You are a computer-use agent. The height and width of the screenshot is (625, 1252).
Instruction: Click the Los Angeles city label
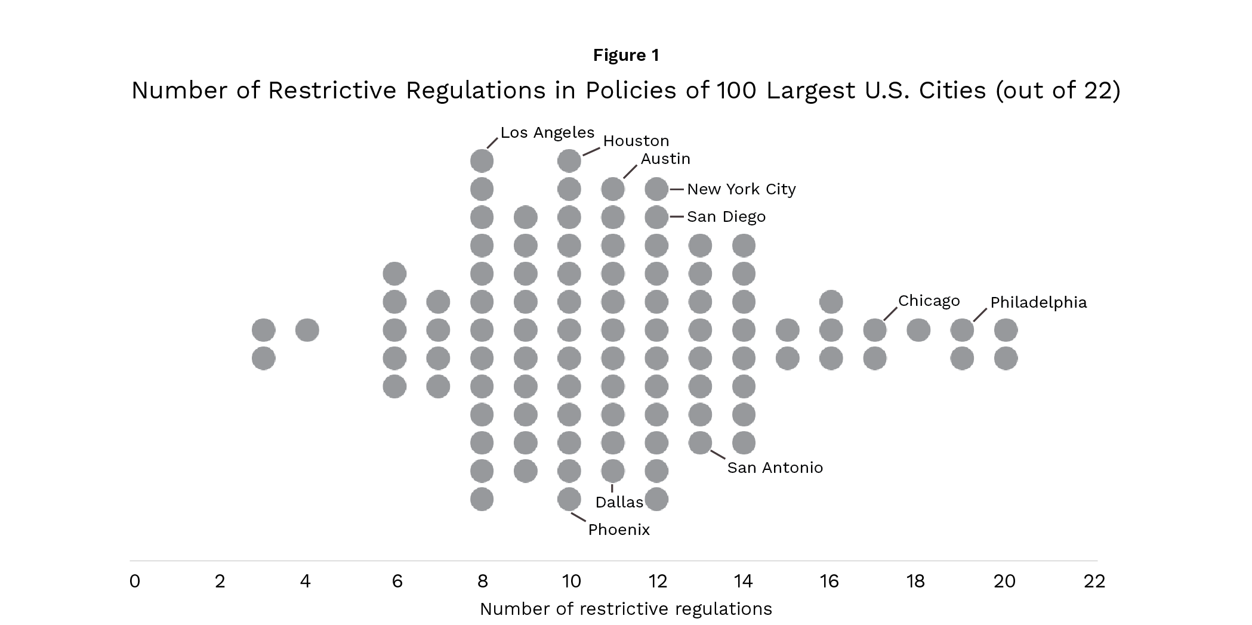click(x=547, y=132)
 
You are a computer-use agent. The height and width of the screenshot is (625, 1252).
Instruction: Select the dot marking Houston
click(x=569, y=161)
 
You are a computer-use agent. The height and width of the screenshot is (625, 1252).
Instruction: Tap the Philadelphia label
click(x=1038, y=302)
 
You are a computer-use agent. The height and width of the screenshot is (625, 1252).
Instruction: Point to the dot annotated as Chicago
click(x=875, y=330)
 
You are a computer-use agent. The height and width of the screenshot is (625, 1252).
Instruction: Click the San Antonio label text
click(x=775, y=468)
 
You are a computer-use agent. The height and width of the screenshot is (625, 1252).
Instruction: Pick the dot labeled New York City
click(x=656, y=190)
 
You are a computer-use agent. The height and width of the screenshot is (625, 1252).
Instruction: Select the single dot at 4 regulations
click(x=307, y=330)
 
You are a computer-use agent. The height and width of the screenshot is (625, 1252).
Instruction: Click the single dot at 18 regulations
click(x=918, y=330)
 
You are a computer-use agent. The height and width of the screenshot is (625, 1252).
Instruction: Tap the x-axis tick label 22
click(x=1094, y=581)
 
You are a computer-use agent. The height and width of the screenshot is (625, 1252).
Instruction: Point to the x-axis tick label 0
click(x=135, y=581)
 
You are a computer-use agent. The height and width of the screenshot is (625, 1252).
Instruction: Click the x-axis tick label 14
click(x=743, y=581)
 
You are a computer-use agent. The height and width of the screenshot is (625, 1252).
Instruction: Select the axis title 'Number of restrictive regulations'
click(x=625, y=609)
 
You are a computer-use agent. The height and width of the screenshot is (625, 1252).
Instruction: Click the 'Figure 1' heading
click(x=626, y=55)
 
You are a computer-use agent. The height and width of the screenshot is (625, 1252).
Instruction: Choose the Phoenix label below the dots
click(x=619, y=530)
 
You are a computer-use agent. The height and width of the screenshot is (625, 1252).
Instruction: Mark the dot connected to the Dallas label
click(x=613, y=471)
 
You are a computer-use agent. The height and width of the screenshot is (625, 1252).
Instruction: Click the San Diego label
click(x=726, y=216)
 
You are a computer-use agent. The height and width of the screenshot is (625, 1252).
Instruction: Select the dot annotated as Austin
click(x=613, y=190)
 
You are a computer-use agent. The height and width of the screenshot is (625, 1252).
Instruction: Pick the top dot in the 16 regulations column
click(x=831, y=302)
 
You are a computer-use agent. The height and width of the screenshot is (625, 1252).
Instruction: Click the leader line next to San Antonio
click(x=718, y=454)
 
